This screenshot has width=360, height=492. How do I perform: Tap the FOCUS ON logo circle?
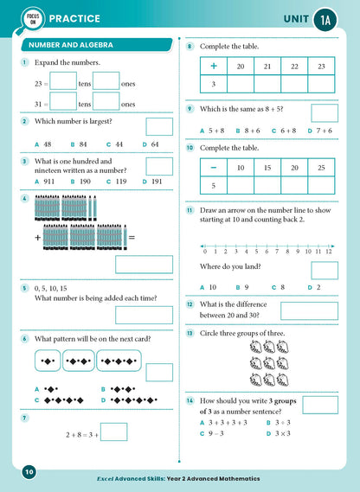coord(29,18)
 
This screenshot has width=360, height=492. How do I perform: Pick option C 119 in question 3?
coord(118,182)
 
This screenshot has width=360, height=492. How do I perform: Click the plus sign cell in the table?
coord(214,66)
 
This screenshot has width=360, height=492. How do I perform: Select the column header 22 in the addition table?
coord(294,66)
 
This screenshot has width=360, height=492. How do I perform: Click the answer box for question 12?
coord(309,310)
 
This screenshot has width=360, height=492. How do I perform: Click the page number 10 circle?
coord(29,471)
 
